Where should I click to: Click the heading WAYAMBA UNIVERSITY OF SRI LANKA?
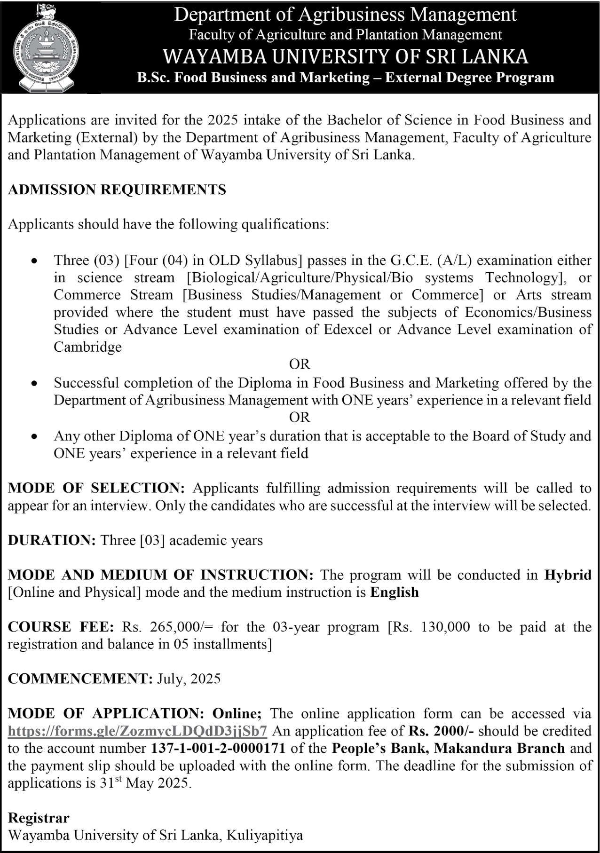tap(345, 57)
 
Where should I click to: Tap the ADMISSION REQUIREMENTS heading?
tap(117, 190)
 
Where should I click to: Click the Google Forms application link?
tap(138, 731)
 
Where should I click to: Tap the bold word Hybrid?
tap(568, 575)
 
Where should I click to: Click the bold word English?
tap(394, 592)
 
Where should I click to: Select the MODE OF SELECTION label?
tap(96, 488)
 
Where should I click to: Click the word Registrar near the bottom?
tap(39, 818)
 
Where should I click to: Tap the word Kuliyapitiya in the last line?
tap(265, 835)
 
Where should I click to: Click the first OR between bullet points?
tap(300, 364)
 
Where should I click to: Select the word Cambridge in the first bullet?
tap(87, 347)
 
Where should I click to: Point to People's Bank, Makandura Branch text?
tap(448, 748)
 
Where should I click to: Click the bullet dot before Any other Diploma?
tap(33, 437)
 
